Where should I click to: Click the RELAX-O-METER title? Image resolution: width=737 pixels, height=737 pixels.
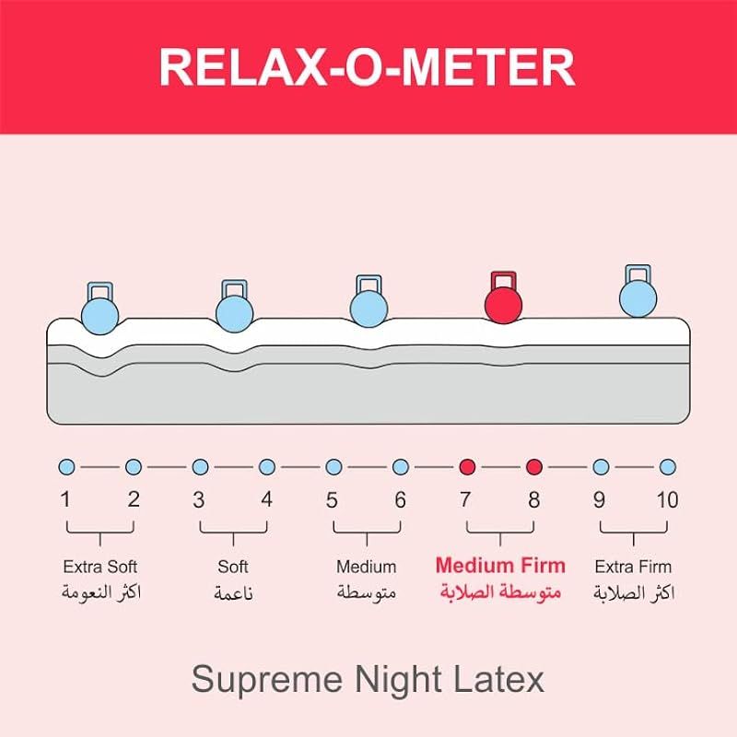pyautogui.click(x=368, y=66)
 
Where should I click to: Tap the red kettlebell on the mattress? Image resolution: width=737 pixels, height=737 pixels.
pyautogui.click(x=503, y=304)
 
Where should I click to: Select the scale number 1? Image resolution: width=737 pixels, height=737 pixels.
pyautogui.click(x=65, y=500)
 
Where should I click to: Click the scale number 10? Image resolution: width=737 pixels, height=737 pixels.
pyautogui.click(x=667, y=500)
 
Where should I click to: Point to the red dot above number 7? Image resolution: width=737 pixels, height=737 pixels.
pyautogui.click(x=467, y=467)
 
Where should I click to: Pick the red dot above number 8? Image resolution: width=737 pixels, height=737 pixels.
pyautogui.click(x=534, y=467)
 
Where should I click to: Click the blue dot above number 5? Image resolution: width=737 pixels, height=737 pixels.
pyautogui.click(x=333, y=467)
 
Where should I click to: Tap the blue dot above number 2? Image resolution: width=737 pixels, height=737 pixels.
pyautogui.click(x=134, y=467)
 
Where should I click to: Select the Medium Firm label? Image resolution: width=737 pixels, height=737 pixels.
pyautogui.click(x=500, y=566)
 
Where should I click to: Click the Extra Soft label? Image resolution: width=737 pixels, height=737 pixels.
pyautogui.click(x=99, y=567)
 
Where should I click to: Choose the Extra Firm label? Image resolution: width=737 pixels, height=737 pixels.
pyautogui.click(x=633, y=567)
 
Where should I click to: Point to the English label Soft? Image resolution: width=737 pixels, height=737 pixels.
pyautogui.click(x=233, y=567)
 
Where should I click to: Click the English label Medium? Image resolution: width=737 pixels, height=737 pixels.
pyautogui.click(x=366, y=567)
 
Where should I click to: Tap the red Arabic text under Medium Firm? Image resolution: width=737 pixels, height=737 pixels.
pyautogui.click(x=500, y=591)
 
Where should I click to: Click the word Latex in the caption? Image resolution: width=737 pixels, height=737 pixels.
pyautogui.click(x=497, y=680)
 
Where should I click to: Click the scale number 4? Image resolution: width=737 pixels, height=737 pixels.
pyautogui.click(x=266, y=500)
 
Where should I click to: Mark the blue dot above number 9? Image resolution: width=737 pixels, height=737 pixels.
pyautogui.click(x=601, y=467)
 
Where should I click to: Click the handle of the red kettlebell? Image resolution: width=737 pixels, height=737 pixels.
pyautogui.click(x=503, y=279)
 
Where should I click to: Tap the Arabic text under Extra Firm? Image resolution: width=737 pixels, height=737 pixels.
pyautogui.click(x=633, y=592)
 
